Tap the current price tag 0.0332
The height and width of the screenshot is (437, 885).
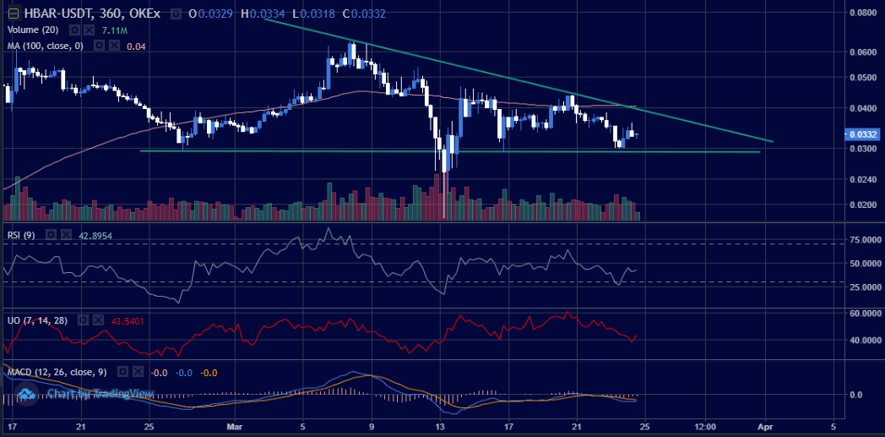pyautogui.click(x=863, y=134)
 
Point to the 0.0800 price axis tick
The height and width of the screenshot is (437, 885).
pyautogui.click(x=862, y=13)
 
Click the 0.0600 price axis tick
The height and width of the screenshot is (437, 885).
pyautogui.click(x=862, y=52)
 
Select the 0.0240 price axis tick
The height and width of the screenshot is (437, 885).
pyautogui.click(x=862, y=179)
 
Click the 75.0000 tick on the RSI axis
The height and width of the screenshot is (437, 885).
pyautogui.click(x=865, y=240)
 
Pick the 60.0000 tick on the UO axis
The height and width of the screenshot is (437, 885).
pyautogui.click(x=865, y=313)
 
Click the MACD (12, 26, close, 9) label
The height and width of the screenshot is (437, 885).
pyautogui.click(x=58, y=371)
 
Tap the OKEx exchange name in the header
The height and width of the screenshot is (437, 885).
pyautogui.click(x=144, y=14)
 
